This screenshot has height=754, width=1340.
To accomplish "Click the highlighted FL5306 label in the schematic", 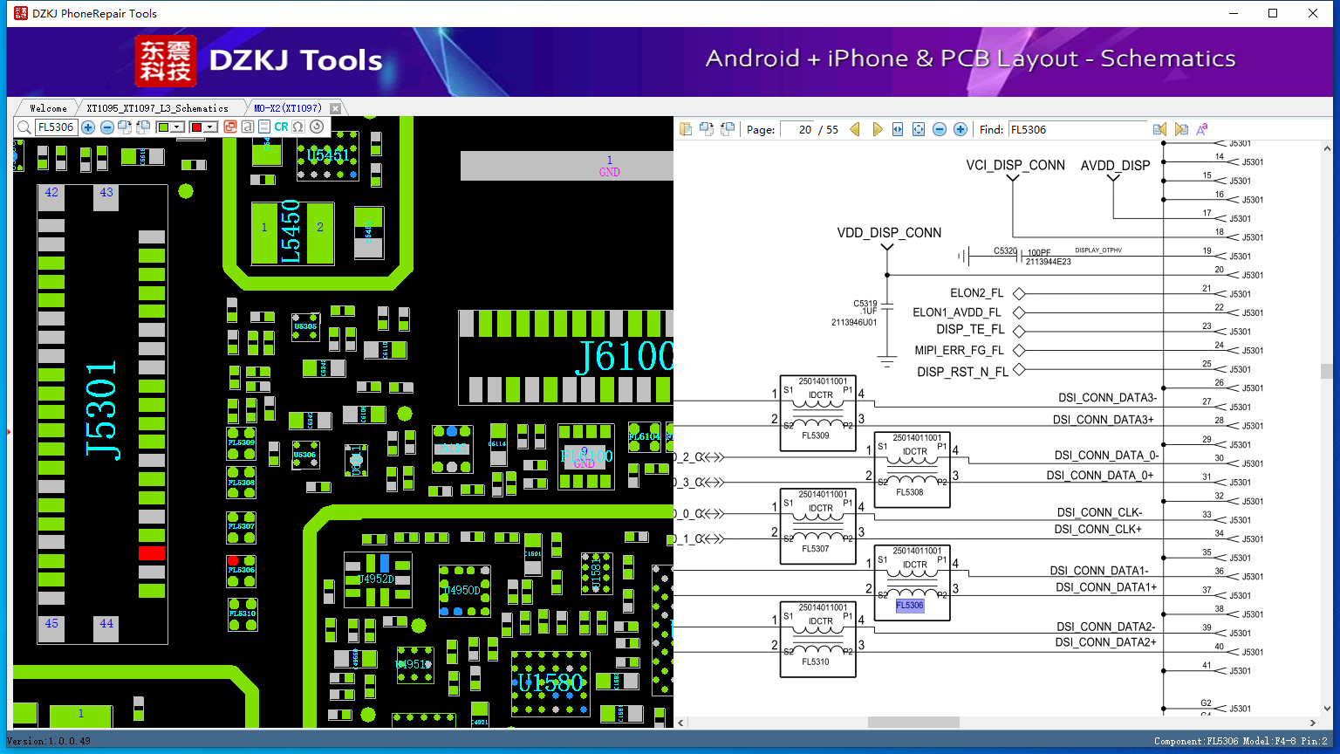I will [x=909, y=606].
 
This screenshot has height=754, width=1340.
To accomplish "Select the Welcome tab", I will [x=48, y=108].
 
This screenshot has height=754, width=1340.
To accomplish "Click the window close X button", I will [x=1312, y=13].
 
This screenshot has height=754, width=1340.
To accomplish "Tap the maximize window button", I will [x=1273, y=13].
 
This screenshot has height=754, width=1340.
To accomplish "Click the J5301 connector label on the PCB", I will [x=102, y=410].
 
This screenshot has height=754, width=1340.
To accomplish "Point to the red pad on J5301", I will [x=152, y=552].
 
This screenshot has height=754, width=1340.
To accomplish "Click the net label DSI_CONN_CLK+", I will [x=1097, y=529].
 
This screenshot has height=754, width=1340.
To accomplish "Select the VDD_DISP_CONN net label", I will [x=889, y=233].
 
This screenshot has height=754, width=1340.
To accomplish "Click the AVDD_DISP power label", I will [x=1115, y=166].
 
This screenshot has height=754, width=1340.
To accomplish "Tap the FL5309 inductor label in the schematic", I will [x=816, y=435].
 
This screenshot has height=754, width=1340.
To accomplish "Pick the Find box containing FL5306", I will [x=1077, y=130].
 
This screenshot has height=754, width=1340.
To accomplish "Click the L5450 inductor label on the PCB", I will [x=291, y=232].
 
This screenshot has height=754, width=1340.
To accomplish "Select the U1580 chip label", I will [x=550, y=682].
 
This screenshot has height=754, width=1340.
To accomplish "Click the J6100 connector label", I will [x=625, y=356].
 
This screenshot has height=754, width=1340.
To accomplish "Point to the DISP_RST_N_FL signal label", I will [x=962, y=372].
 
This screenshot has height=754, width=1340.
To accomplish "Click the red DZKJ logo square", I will [x=166, y=61].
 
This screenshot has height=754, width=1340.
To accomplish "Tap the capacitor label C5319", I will [x=865, y=304].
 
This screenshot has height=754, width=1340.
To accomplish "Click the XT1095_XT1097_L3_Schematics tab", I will [x=157, y=108].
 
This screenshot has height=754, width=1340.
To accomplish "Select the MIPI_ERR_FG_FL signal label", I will [x=959, y=351].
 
